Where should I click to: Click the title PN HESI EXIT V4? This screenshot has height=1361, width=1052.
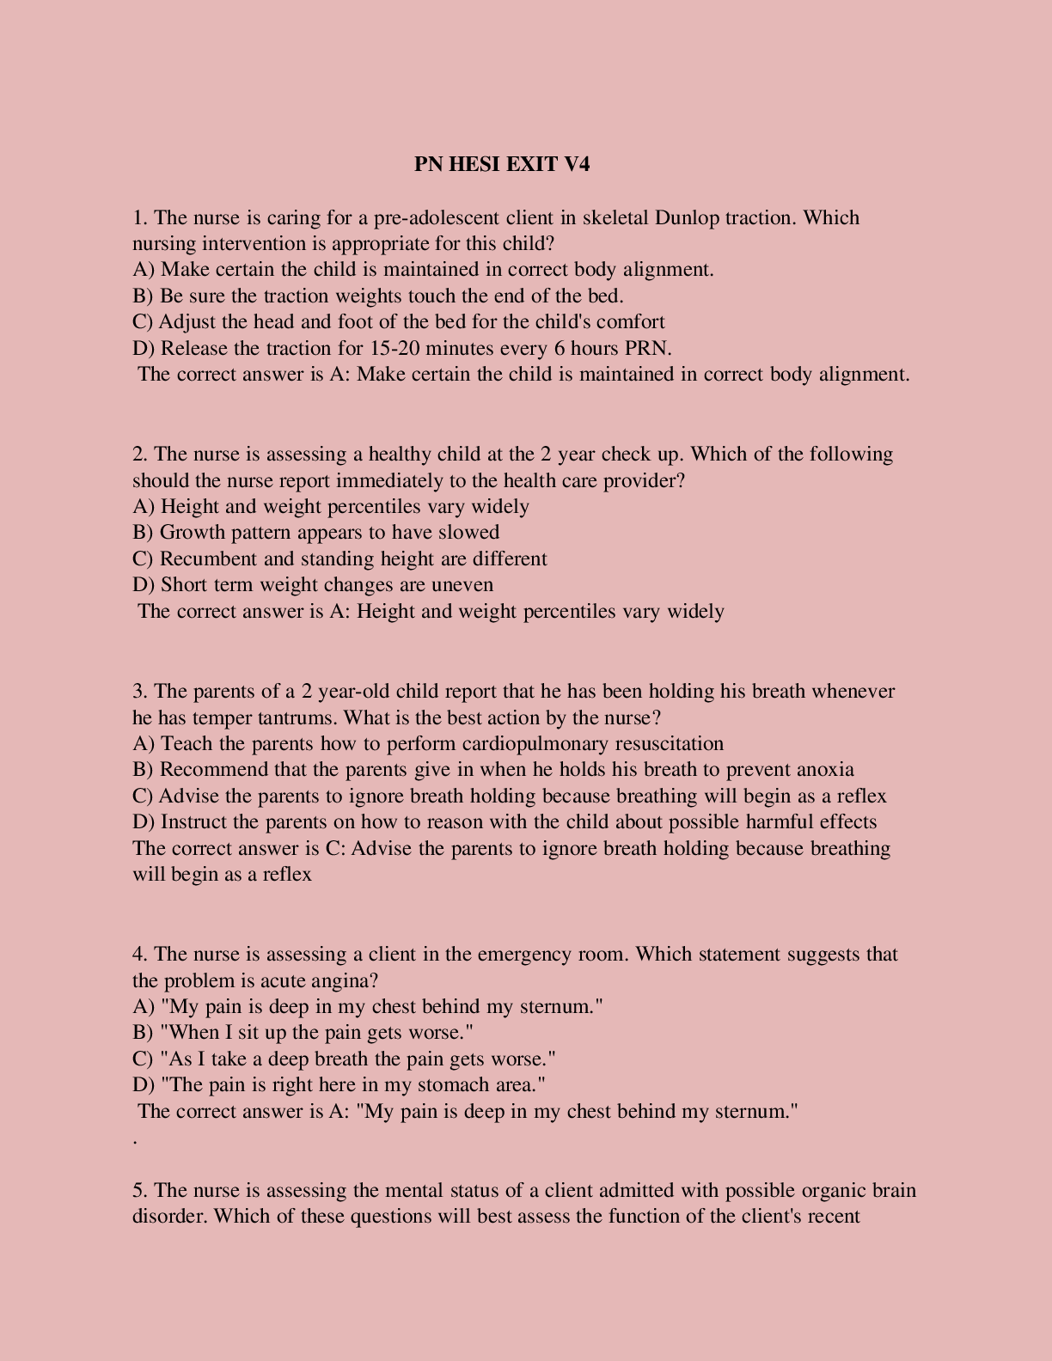click(x=502, y=164)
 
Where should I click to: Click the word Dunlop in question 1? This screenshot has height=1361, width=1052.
click(x=687, y=217)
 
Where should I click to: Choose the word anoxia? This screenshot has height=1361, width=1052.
click(x=825, y=769)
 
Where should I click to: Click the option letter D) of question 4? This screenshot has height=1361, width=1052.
click(x=143, y=1085)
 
